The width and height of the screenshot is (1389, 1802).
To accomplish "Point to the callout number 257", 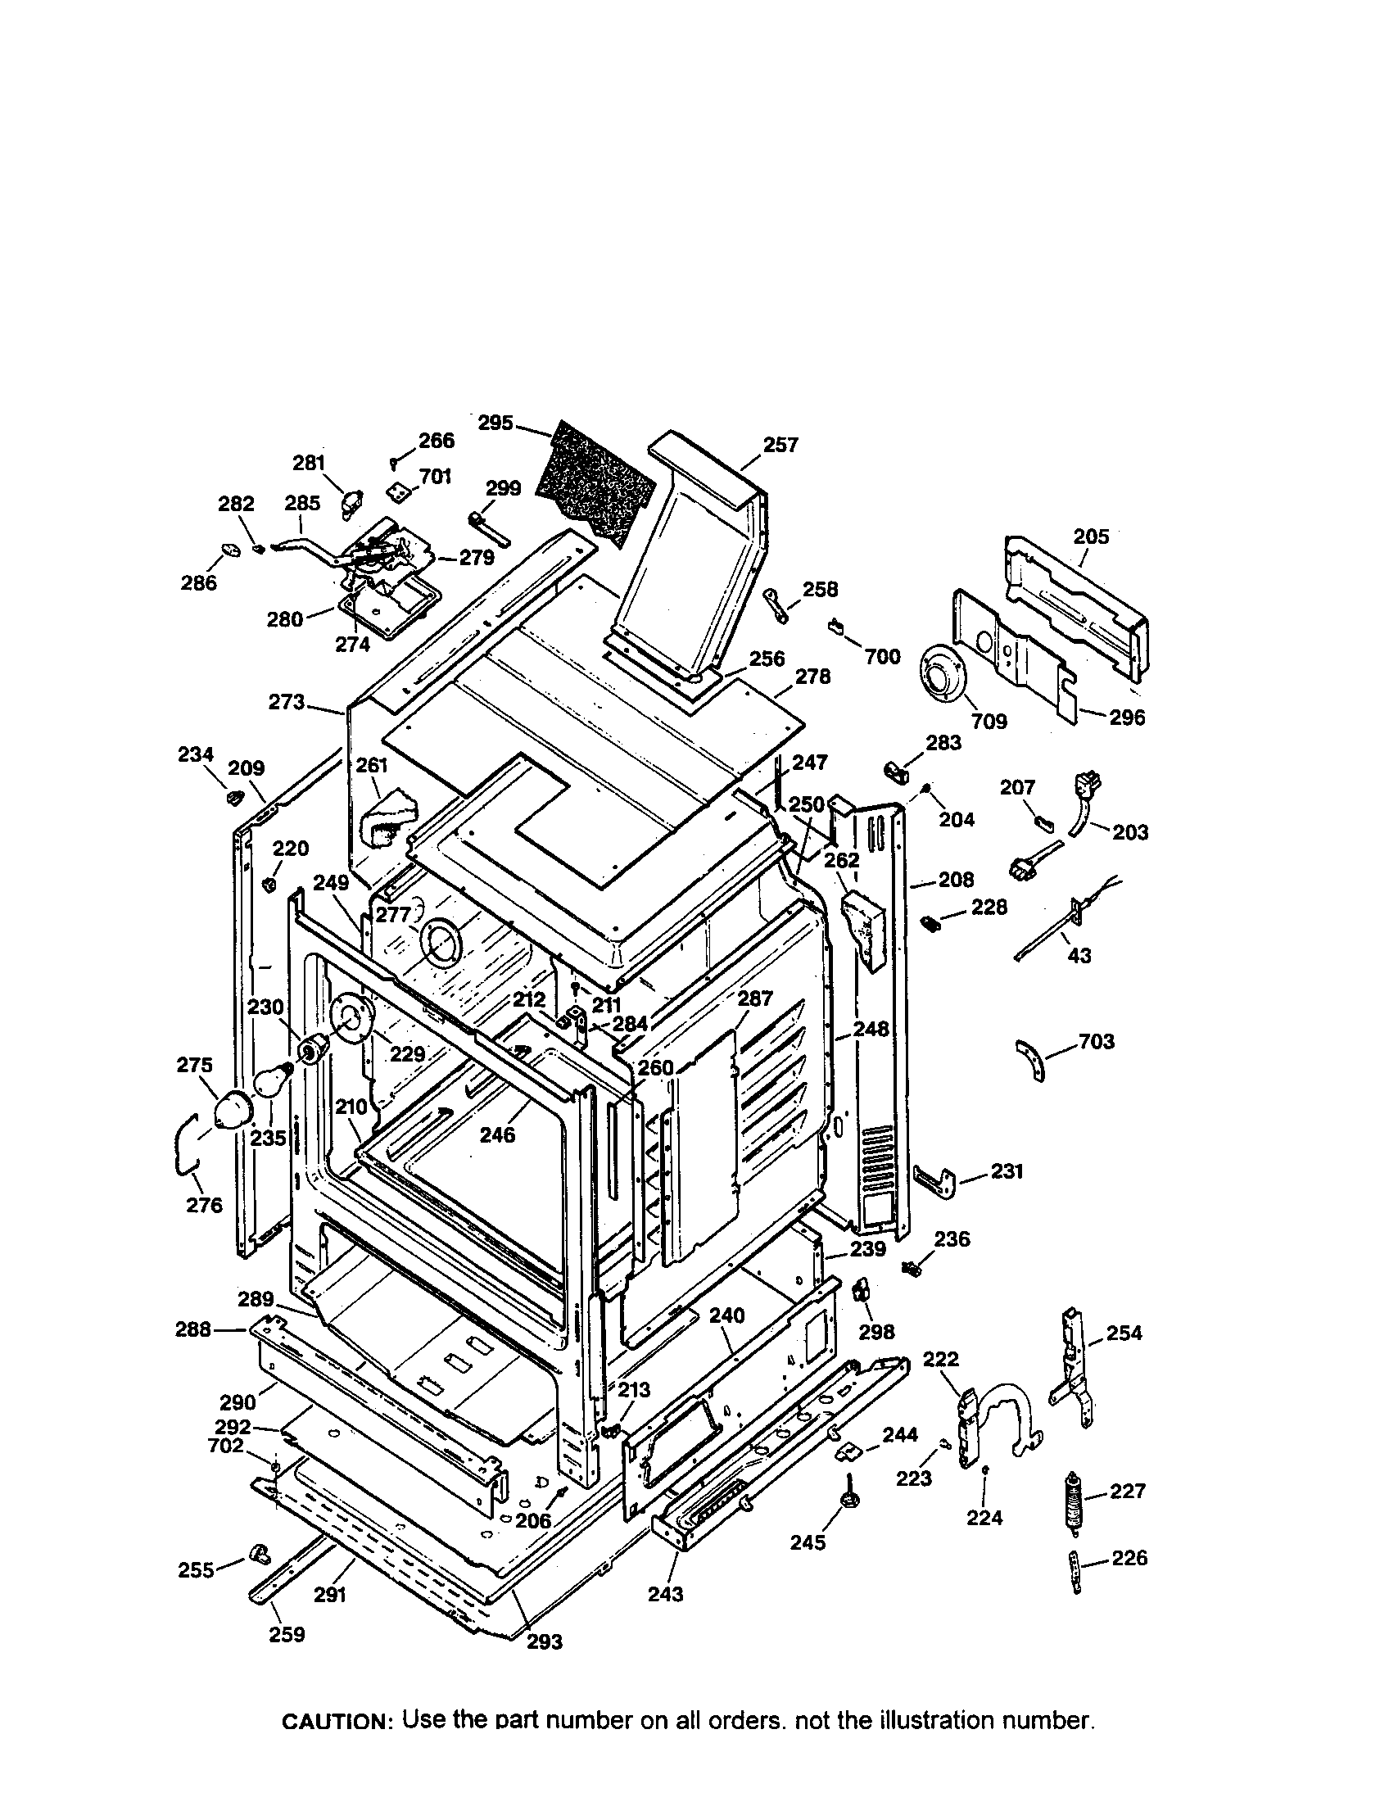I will pos(780,446).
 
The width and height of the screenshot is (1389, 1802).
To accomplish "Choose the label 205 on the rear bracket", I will pos(1091,537).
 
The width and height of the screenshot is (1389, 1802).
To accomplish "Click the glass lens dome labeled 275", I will pos(233,1112).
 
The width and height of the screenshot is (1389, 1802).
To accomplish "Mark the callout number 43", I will pos(1079,955).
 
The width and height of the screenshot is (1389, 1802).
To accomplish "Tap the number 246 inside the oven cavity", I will pos(497,1135).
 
